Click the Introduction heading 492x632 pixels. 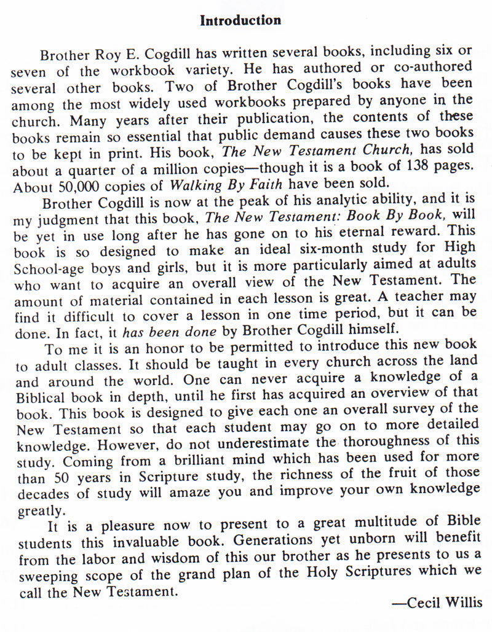240,21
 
